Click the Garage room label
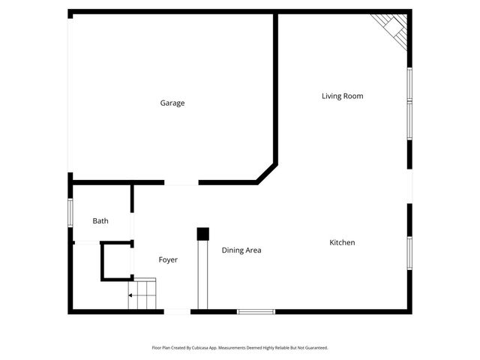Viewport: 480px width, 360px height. (x=172, y=103)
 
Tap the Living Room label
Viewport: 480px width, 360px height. (x=342, y=96)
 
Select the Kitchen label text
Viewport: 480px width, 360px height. (x=342, y=243)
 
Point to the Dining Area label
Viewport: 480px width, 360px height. (x=241, y=250)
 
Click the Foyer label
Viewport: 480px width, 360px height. (x=168, y=260)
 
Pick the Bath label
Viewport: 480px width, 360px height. (x=100, y=221)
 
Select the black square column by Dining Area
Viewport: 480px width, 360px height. (x=202, y=234)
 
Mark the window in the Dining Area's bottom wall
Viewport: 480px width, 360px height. (x=256, y=311)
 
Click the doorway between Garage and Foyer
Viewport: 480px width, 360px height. (x=181, y=182)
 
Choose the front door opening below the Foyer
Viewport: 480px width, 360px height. (x=177, y=311)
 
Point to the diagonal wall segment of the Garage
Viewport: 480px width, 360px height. (x=267, y=172)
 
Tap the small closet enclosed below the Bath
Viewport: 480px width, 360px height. (x=117, y=261)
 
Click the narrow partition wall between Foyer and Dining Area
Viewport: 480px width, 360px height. (x=200, y=274)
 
